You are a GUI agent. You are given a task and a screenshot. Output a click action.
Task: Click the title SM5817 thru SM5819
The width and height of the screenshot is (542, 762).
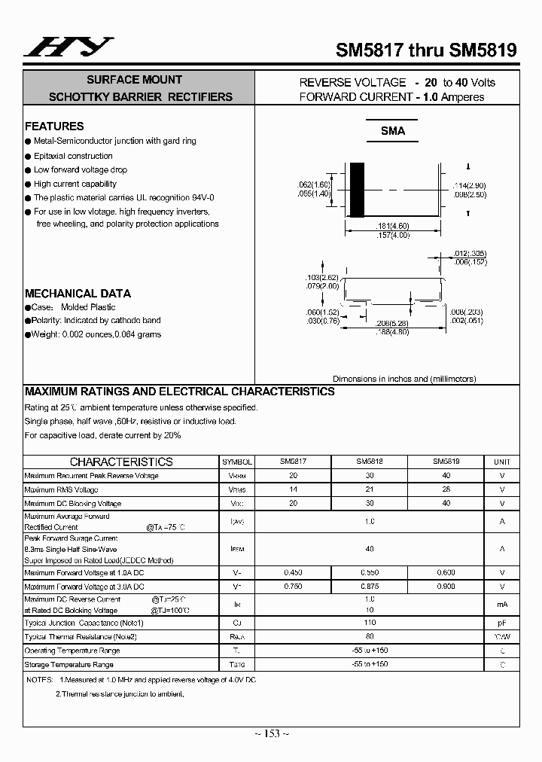pyautogui.click(x=425, y=50)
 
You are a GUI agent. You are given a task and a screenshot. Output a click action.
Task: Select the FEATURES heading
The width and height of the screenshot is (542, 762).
pyautogui.click(x=54, y=126)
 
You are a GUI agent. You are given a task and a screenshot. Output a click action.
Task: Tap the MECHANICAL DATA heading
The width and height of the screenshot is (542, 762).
pyautogui.click(x=78, y=294)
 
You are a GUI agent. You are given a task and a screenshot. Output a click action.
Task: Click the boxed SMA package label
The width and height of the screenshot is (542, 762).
pyautogui.click(x=392, y=131)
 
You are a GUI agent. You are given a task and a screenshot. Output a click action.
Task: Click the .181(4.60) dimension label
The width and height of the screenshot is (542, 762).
pyautogui.click(x=391, y=225)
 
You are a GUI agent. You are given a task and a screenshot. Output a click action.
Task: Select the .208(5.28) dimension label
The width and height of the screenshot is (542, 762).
pyautogui.click(x=391, y=323)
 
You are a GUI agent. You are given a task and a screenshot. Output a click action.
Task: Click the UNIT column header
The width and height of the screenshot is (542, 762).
pyautogui.click(x=501, y=462)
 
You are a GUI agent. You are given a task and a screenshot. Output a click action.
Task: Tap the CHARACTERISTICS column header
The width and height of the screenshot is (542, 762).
pyautogui.click(x=121, y=462)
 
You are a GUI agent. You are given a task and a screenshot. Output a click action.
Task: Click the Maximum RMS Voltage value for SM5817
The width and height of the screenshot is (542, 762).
pyautogui.click(x=293, y=489)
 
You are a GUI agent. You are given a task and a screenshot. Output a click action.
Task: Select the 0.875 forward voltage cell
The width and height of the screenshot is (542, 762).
pyautogui.click(x=369, y=586)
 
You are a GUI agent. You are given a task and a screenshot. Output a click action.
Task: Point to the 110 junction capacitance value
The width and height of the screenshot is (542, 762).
pyautogui.click(x=369, y=623)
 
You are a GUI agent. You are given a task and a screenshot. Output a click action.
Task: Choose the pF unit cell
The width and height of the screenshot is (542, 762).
pyautogui.click(x=501, y=623)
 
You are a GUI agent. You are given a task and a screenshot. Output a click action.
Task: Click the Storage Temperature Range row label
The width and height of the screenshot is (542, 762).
pyautogui.click(x=69, y=665)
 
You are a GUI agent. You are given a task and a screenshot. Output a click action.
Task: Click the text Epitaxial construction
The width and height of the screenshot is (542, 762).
pyautogui.click(x=73, y=156)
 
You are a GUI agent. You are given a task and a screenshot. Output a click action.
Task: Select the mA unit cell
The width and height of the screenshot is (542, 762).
pyautogui.click(x=501, y=604)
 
